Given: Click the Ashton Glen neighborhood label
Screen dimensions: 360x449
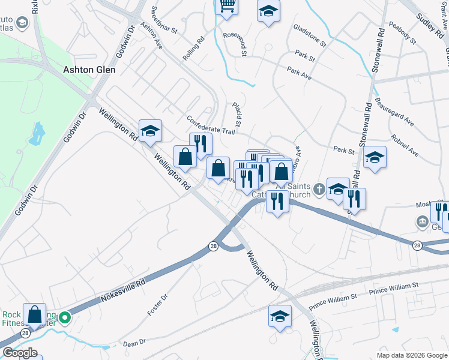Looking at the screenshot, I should (x=89, y=70).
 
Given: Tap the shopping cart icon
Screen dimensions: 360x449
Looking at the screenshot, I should (x=227, y=6).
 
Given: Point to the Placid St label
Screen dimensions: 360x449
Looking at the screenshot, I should (x=237, y=114).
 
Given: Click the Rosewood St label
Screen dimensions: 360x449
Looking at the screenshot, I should (x=235, y=44).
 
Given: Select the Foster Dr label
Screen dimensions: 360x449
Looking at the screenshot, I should (x=157, y=305).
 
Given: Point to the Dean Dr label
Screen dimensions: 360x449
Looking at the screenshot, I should (x=134, y=343).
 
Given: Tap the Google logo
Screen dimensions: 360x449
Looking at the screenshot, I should (x=19, y=353).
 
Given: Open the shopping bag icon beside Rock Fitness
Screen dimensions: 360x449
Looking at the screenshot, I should (x=35, y=314).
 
